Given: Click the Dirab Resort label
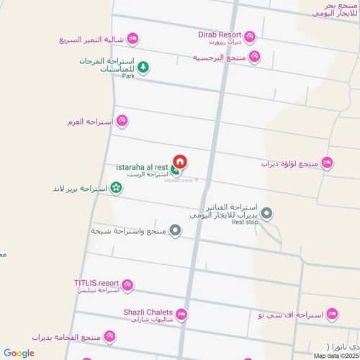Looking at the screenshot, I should click(219, 33).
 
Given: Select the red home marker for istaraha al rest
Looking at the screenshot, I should click(180, 162).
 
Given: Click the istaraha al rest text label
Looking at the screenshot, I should click(142, 167).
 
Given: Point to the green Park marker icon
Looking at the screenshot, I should click(143, 67).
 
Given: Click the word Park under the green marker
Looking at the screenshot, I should click(128, 76).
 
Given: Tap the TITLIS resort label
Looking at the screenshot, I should click(96, 283).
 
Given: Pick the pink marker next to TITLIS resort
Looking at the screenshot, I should click(127, 286).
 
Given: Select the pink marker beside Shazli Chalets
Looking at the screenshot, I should click(181, 314).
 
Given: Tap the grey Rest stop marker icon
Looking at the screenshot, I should click(267, 213).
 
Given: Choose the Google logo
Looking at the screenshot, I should click(18, 353).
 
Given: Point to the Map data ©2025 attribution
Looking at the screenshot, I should click(334, 354).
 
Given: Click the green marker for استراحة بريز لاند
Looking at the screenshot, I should click(116, 188).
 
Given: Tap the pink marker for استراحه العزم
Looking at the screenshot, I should click(122, 121).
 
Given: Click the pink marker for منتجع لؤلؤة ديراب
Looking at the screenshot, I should click(328, 163).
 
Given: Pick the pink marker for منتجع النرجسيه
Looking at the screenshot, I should click(254, 57).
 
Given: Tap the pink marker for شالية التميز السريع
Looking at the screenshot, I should click(132, 39).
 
